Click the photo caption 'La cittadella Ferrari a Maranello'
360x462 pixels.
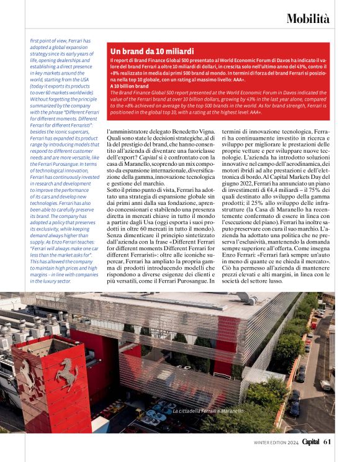(x=209, y=411)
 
